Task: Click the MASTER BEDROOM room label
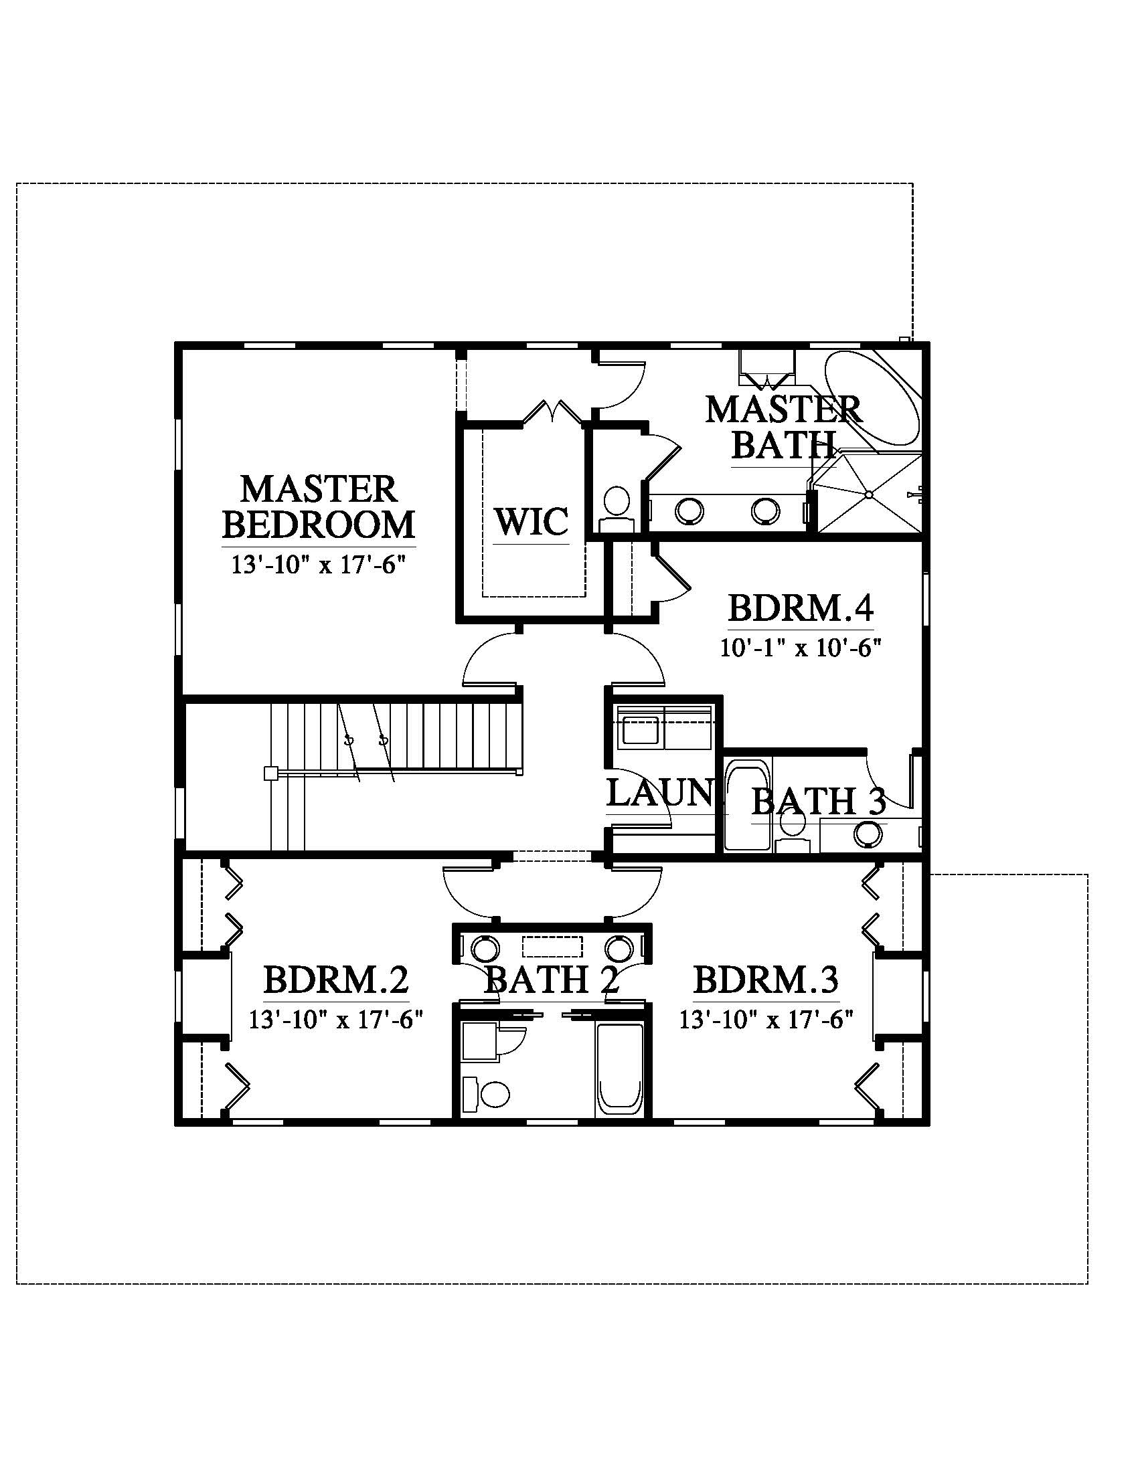(319, 508)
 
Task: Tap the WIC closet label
(532, 522)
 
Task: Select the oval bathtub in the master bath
(873, 397)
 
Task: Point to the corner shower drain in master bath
(869, 494)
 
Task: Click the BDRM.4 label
(801, 609)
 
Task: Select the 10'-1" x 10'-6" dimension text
(801, 648)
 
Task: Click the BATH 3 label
(819, 802)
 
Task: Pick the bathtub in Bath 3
(746, 806)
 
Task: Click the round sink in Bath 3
(867, 835)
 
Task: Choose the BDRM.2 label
(336, 980)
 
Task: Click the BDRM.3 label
(766, 980)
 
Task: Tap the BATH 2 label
(552, 980)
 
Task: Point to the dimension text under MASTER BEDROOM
(319, 564)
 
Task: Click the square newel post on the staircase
(270, 773)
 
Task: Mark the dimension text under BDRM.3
(766, 1020)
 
